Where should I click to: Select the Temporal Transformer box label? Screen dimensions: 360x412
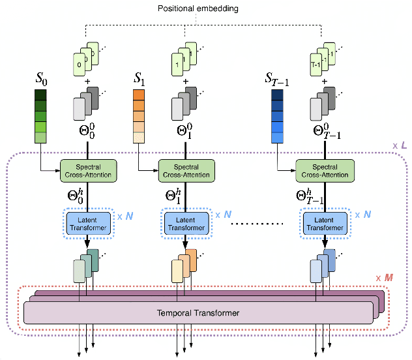[198, 313]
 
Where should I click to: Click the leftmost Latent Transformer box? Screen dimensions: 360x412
[89, 224]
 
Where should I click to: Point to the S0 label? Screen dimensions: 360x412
[41, 79]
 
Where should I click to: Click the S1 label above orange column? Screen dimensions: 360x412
[140, 79]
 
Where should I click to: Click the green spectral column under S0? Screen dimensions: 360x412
[41, 116]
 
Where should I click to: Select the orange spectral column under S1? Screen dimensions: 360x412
[140, 116]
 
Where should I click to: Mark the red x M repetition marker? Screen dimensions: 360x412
[385, 278]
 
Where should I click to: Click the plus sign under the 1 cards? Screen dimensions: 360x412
[186, 82]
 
